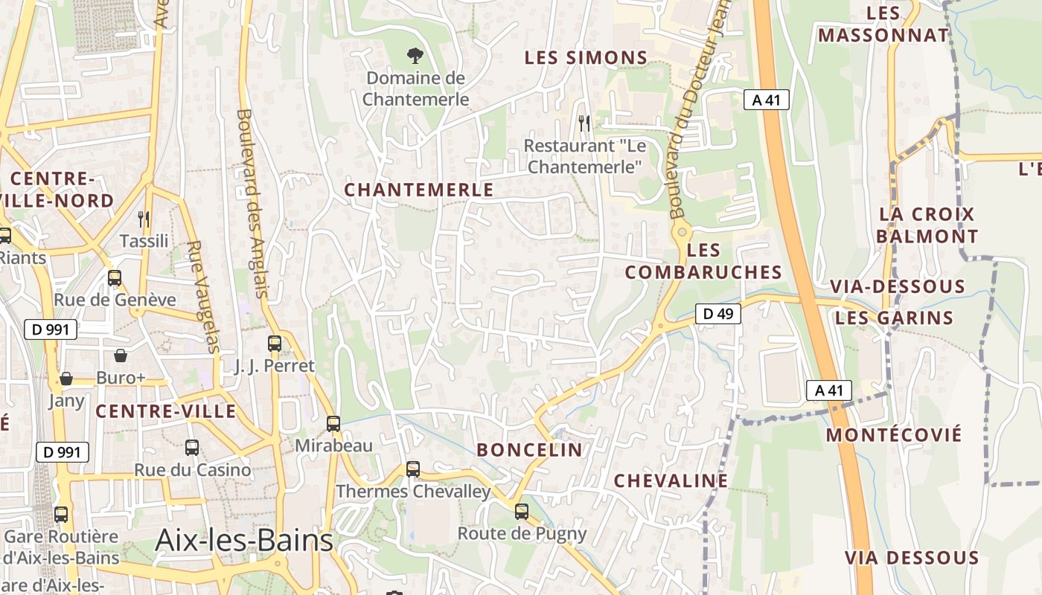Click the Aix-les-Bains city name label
(x=244, y=541)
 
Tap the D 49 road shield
(x=718, y=314)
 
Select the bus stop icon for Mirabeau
(x=333, y=424)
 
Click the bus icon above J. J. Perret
(x=275, y=344)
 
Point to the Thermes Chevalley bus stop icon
(x=413, y=469)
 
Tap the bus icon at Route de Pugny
(x=522, y=512)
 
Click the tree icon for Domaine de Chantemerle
(x=415, y=55)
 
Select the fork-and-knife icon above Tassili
(x=144, y=219)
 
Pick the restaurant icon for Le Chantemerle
(x=584, y=123)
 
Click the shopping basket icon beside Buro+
(x=121, y=356)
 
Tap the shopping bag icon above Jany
(x=66, y=379)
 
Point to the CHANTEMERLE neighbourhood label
(x=419, y=190)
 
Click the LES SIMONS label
(x=586, y=57)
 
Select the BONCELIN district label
(x=530, y=449)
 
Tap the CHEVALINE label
(x=671, y=480)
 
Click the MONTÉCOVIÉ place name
(x=895, y=434)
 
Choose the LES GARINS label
(x=894, y=318)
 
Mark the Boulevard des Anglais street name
(x=252, y=203)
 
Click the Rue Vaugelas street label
(x=203, y=296)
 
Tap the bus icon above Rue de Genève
(x=115, y=278)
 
